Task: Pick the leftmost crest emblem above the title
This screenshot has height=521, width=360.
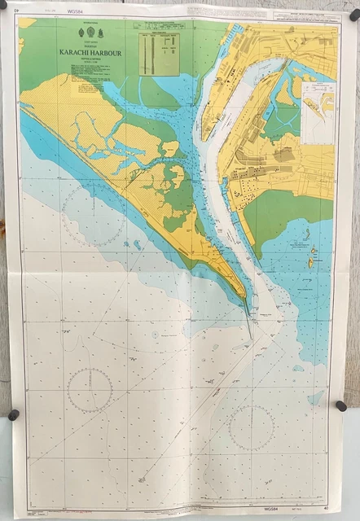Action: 79,33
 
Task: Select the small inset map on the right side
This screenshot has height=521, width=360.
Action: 317,106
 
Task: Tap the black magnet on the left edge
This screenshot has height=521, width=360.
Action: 12,414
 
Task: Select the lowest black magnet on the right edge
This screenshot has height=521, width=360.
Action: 340,405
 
